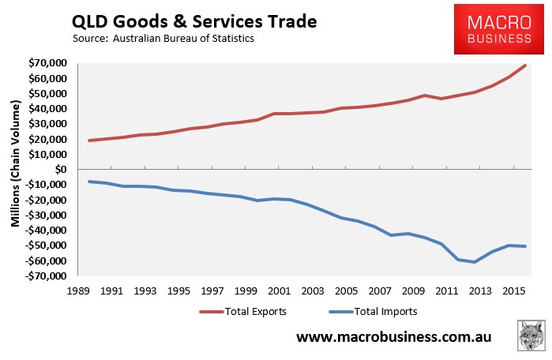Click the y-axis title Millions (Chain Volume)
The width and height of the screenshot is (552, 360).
click(x=15, y=170)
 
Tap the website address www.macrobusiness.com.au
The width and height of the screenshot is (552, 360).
click(x=393, y=338)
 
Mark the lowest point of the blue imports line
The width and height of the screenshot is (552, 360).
click(x=475, y=262)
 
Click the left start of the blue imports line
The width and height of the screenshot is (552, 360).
click(x=88, y=182)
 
